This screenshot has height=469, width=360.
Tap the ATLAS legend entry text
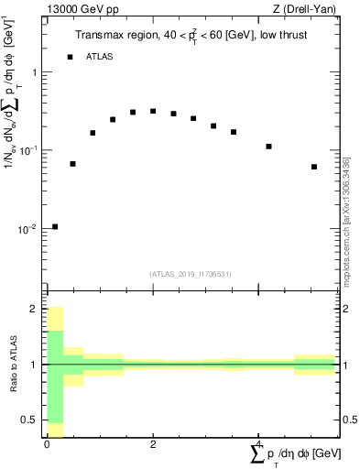click(100, 57)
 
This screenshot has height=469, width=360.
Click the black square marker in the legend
click(70, 57)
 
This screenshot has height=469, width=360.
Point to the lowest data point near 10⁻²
click(55, 226)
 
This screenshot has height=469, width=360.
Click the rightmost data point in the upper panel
click(314, 167)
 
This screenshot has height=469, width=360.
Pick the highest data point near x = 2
click(153, 111)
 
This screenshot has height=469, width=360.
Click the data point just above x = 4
click(268, 146)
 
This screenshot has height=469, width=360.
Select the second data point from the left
click(72, 164)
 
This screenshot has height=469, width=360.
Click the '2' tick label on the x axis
click(153, 443)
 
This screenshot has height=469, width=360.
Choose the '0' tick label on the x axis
click(47, 443)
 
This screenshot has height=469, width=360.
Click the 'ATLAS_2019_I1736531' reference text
click(191, 274)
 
